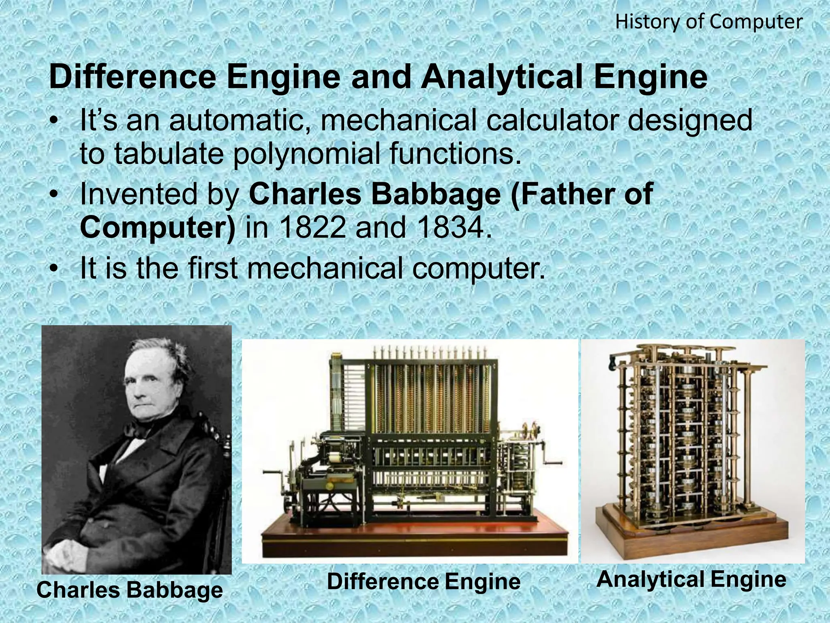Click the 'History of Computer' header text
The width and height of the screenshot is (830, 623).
(x=708, y=22)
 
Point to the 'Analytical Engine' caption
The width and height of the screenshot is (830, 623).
(x=691, y=579)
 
